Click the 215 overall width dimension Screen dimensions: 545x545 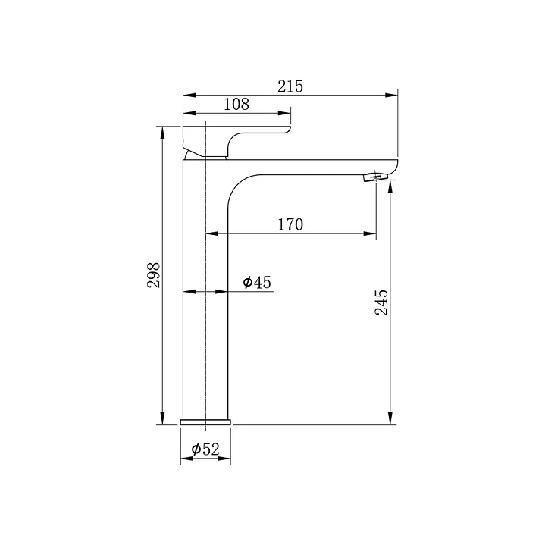pyautogui.click(x=290, y=86)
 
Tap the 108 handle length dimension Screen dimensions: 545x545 pyautogui.click(x=236, y=105)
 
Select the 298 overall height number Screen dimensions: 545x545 pyautogui.click(x=153, y=275)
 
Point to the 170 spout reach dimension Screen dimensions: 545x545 pyautogui.click(x=290, y=224)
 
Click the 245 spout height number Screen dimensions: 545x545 pyautogui.click(x=381, y=302)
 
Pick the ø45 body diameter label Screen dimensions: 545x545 pyautogui.click(x=257, y=282)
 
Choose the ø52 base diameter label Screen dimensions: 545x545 pyautogui.click(x=205, y=449)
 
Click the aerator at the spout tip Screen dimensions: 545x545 pyautogui.click(x=375, y=177)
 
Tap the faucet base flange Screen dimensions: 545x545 pyautogui.click(x=205, y=422)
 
